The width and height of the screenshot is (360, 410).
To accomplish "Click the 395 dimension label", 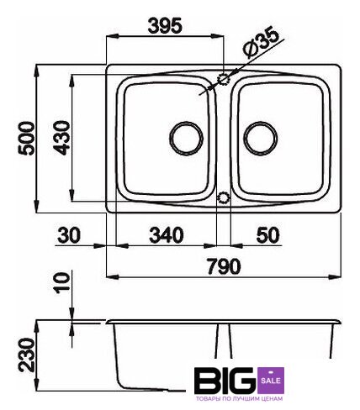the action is (165, 26).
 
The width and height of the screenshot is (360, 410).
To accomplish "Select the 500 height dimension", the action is (26, 138).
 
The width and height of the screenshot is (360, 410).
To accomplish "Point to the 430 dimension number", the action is (61, 138).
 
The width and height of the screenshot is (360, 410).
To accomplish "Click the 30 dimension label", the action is (69, 235).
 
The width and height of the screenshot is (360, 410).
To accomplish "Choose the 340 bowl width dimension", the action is (167, 235).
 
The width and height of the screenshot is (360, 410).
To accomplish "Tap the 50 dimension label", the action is (268, 235).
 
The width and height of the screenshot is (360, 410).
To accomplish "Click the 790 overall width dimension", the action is (224, 266).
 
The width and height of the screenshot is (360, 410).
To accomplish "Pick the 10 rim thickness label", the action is (61, 283).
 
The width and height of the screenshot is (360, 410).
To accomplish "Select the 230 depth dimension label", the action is (27, 355).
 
